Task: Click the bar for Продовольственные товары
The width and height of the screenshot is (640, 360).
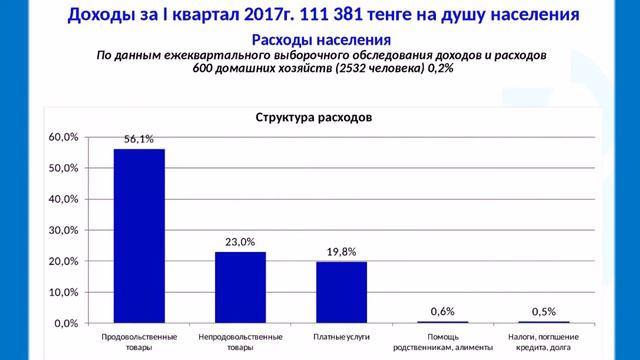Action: coord(139,236)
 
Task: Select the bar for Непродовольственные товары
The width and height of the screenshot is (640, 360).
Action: coord(240,287)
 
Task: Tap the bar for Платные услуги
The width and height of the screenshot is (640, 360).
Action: coord(342,292)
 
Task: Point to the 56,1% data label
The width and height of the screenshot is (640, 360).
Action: coord(139,139)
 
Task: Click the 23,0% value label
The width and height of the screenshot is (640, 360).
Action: coord(240,242)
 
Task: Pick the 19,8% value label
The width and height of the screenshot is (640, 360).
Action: coord(342,252)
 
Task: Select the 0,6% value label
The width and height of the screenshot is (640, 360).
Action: coord(442,311)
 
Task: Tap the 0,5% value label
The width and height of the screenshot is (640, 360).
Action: coord(544,312)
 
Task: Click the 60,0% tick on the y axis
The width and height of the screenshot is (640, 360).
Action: coord(63,137)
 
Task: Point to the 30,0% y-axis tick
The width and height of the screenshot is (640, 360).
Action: coord(63,230)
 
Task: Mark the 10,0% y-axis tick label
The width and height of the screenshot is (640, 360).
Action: coord(63,292)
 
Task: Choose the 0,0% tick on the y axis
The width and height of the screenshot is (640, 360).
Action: coord(66,323)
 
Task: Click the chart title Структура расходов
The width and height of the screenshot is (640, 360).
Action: coord(314,118)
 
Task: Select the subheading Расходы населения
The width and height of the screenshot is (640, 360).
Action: coord(321,40)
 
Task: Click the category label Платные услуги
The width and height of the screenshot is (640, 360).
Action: coord(342,337)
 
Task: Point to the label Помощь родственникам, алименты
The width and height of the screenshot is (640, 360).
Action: coord(443,342)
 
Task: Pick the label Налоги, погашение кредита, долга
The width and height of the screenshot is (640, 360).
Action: coord(544,342)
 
